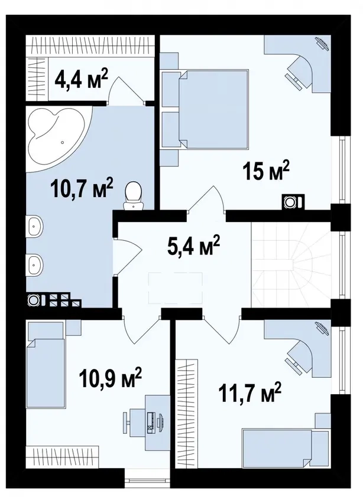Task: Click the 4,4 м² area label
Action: click(x=82, y=79)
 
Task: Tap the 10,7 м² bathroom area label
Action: click(x=82, y=188)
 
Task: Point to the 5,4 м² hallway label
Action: click(x=193, y=245)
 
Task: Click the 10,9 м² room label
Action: click(x=111, y=377)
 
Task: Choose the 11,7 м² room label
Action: click(x=249, y=392)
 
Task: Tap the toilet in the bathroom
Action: click(x=134, y=196)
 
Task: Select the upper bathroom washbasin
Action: click(x=34, y=226)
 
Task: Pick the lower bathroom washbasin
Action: click(x=34, y=264)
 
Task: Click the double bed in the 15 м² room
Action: click(x=213, y=109)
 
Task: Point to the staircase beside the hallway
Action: click(x=291, y=264)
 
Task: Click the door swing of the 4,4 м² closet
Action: click(x=126, y=90)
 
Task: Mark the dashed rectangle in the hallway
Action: click(x=176, y=288)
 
